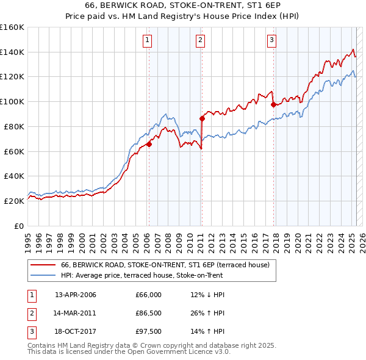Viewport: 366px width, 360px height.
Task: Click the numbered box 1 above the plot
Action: (148, 41)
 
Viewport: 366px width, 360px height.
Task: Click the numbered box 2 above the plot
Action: (201, 41)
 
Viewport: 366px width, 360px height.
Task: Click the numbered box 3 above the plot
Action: (271, 41)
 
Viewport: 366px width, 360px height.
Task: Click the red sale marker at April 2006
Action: (149, 144)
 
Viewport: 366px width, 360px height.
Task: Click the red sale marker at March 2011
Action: (202, 118)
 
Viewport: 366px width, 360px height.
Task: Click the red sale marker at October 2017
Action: (273, 105)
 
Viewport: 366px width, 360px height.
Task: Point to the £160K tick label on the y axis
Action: (12, 27)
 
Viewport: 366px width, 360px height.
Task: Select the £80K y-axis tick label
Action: (14, 126)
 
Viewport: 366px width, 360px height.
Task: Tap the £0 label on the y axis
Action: (19, 226)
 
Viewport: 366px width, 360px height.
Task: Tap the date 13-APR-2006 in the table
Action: (76, 295)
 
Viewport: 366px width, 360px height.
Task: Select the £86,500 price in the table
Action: (148, 313)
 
